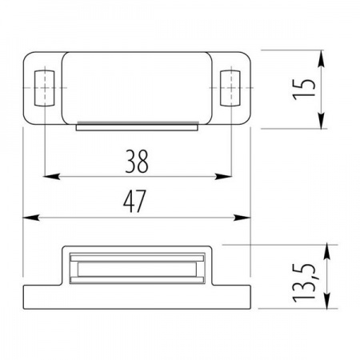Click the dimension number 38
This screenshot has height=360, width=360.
pos(137,162)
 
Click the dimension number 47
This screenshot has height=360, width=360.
pos(134,202)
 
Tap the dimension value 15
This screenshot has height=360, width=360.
pos(304,90)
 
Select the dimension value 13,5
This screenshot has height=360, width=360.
pos(304,283)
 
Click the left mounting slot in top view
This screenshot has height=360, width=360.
pos(45,88)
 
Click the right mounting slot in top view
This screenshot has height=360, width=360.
pos(230,88)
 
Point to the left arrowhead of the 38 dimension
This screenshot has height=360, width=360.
pos(51,176)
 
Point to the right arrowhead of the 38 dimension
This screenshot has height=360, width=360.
pos(223,176)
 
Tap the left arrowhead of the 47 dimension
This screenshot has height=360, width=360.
pos(31,218)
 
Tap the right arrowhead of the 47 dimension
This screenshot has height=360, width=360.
pos(242,218)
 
